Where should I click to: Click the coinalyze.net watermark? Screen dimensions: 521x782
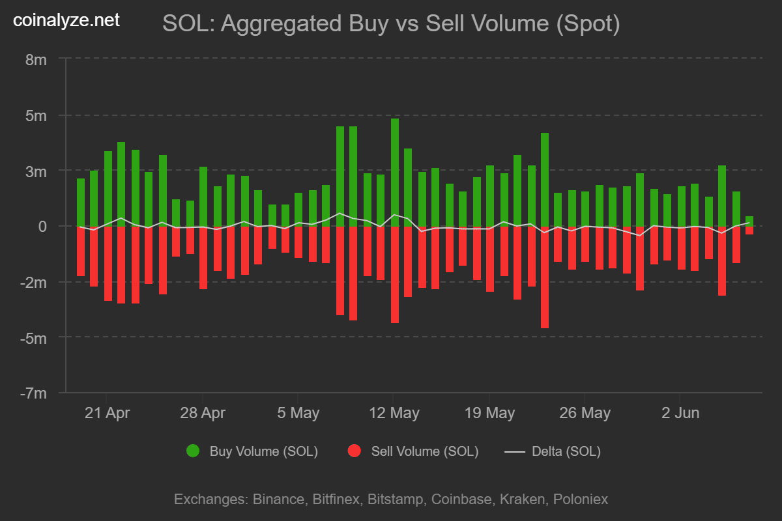coord(66,20)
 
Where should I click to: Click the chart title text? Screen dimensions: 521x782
coord(391,24)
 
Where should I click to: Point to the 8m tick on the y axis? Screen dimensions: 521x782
coord(36,59)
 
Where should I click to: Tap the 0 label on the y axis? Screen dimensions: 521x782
coord(43,226)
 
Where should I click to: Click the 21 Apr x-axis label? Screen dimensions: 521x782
coord(108,413)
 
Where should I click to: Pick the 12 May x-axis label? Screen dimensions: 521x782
coord(394,413)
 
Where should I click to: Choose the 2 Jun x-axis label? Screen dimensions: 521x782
coord(680,413)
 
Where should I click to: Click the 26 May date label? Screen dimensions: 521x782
coord(585,413)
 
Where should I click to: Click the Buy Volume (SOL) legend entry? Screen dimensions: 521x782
coord(263,451)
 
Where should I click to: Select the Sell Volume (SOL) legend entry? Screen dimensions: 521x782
coord(424,451)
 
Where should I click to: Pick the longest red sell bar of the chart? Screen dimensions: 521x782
coord(545,277)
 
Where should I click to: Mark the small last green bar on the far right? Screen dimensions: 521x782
coord(749,221)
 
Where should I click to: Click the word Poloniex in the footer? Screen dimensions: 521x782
coord(581,500)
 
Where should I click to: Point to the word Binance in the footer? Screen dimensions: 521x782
coord(278,500)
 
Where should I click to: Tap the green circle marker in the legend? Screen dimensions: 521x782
coord(193,451)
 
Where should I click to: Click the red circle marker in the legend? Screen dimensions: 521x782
coord(355,451)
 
